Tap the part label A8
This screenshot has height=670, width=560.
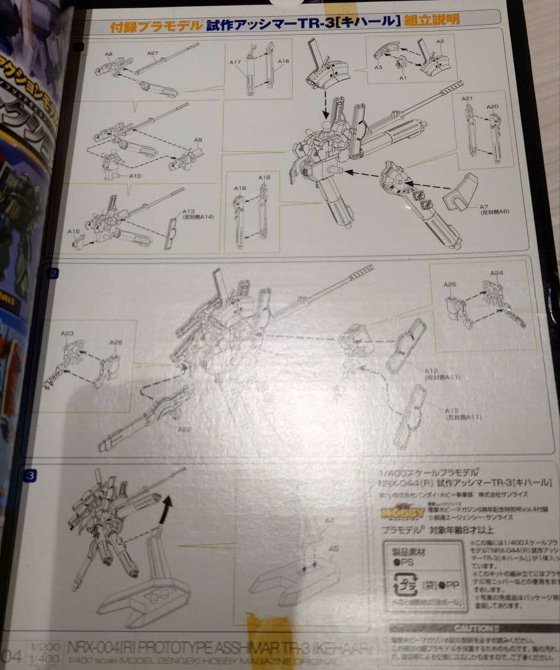[x=109, y=55]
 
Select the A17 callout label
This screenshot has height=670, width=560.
[x=234, y=62]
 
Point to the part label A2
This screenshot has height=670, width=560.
[x=440, y=42]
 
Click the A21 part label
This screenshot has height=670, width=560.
[x=467, y=99]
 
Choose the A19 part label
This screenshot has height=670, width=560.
[x=240, y=187]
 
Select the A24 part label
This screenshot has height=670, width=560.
[x=496, y=273]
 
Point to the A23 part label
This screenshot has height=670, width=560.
[x=67, y=333]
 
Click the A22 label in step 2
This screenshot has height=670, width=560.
[x=184, y=429]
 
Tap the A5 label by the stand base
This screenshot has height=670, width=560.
[x=334, y=548]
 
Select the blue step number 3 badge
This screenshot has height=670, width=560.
[x=30, y=476]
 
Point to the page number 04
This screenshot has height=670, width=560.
[x=12, y=654]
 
